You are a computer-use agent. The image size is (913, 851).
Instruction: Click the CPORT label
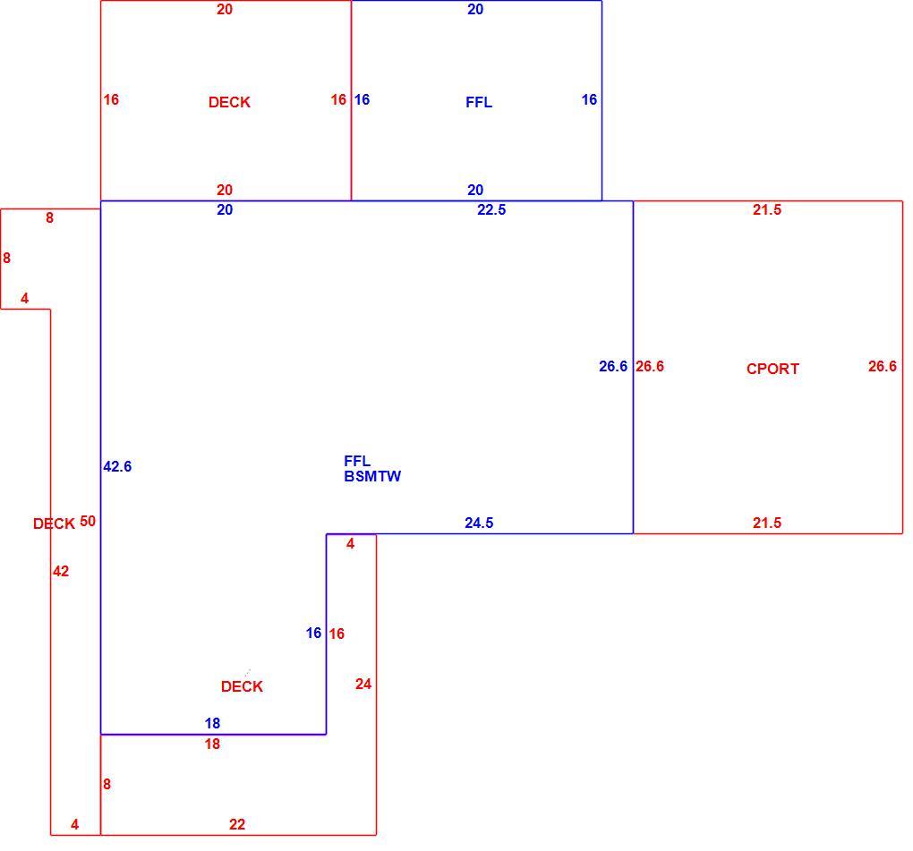pos(772,369)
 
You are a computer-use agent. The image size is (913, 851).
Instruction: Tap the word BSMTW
pos(372,476)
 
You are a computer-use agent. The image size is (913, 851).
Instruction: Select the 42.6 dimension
pos(117,466)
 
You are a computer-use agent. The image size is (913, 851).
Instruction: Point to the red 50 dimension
pos(88,521)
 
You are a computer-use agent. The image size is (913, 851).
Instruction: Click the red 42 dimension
pos(61,571)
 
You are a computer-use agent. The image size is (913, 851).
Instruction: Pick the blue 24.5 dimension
pos(479,523)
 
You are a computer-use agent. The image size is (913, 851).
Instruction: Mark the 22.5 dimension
pos(492,209)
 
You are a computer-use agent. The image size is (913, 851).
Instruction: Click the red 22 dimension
pos(237,824)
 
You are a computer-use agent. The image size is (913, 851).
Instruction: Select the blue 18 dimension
pos(212,723)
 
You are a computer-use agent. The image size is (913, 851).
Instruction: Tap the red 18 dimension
pos(212,744)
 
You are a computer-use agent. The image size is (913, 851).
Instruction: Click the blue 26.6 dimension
pos(614,366)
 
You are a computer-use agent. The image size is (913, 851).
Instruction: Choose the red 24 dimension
pos(363,684)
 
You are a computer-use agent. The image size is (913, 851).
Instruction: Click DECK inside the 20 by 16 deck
pos(229,102)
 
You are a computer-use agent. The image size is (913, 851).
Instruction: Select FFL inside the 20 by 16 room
pos(479,102)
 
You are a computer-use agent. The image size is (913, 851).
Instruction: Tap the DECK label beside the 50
pos(54,523)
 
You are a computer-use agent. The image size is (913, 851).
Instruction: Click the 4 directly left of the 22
pos(75,824)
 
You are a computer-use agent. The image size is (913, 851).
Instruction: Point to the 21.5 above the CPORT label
pos(767,209)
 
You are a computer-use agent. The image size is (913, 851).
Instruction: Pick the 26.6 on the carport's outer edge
pos(883,366)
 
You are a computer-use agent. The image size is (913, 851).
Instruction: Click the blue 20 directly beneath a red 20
pos(225,209)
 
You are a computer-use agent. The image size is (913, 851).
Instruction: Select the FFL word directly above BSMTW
pos(357,461)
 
